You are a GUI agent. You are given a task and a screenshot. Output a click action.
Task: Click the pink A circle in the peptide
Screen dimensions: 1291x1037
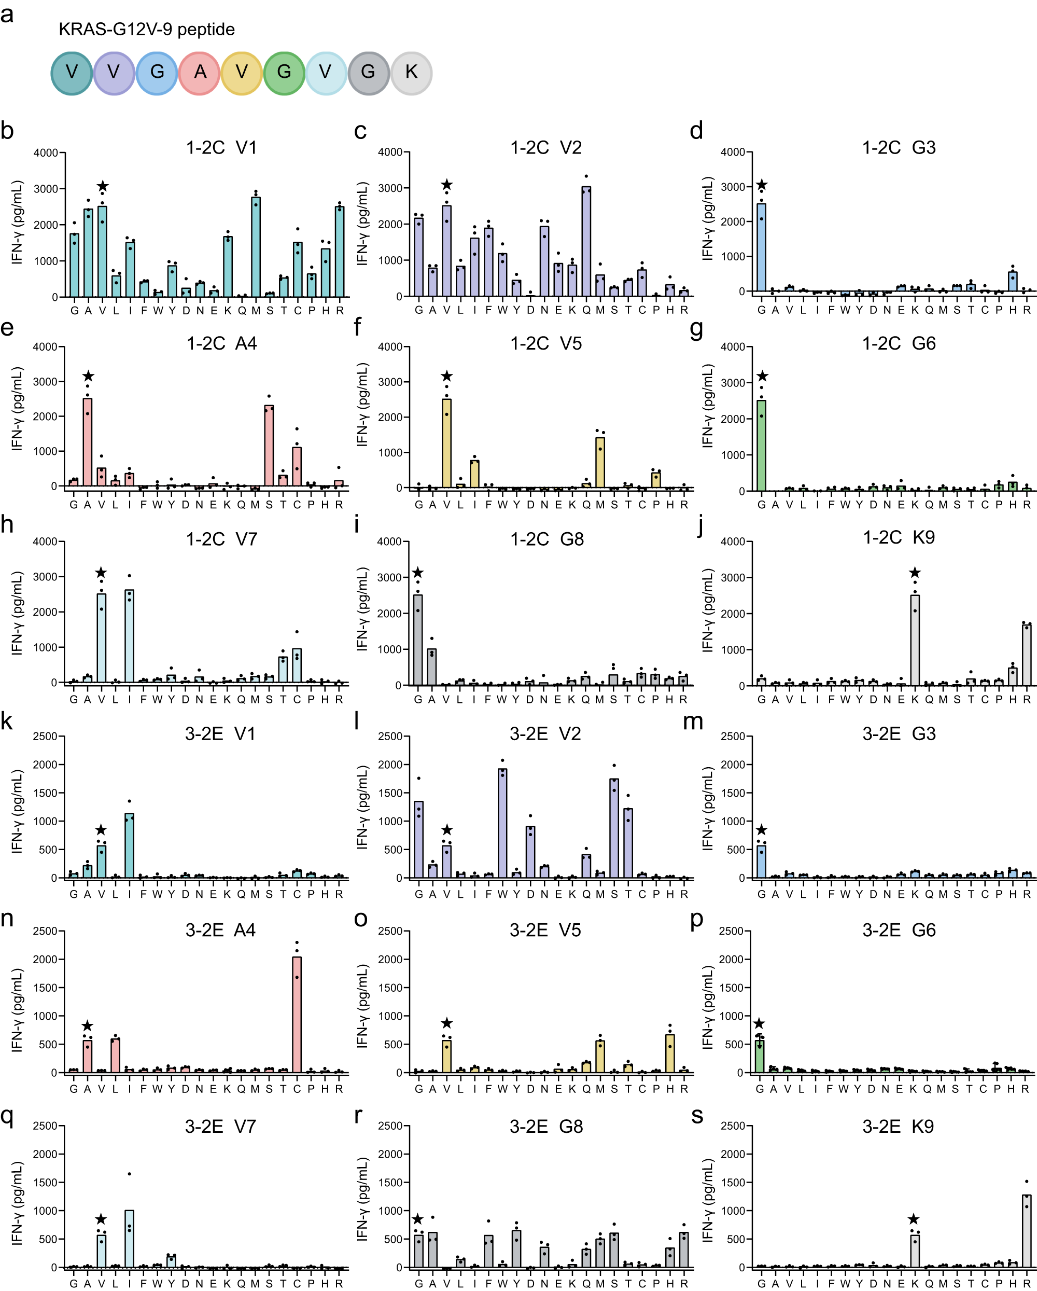coord(200,73)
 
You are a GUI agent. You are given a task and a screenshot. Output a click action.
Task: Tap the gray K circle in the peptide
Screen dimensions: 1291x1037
coord(411,73)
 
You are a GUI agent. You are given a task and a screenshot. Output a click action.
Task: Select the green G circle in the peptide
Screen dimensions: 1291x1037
coord(284,73)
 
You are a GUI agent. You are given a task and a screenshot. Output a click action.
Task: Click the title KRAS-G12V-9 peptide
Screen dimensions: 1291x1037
coord(147,30)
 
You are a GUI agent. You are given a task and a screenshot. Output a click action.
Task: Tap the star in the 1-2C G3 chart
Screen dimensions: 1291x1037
coord(762,186)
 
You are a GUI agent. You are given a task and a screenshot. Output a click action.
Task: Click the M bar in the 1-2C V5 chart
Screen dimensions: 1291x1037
coord(600,462)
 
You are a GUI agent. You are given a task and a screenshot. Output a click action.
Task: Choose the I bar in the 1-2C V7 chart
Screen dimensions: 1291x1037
coord(129,636)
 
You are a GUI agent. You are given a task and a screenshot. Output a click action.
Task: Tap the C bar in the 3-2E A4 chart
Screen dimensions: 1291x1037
coord(297,1015)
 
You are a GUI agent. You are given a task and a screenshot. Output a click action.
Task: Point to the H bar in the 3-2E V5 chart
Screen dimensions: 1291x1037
coord(670,1053)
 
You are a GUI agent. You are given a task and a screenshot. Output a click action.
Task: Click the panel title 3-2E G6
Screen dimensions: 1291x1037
coord(899,931)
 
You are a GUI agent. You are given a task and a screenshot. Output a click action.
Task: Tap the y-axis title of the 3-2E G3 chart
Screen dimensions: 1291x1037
coord(708,809)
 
